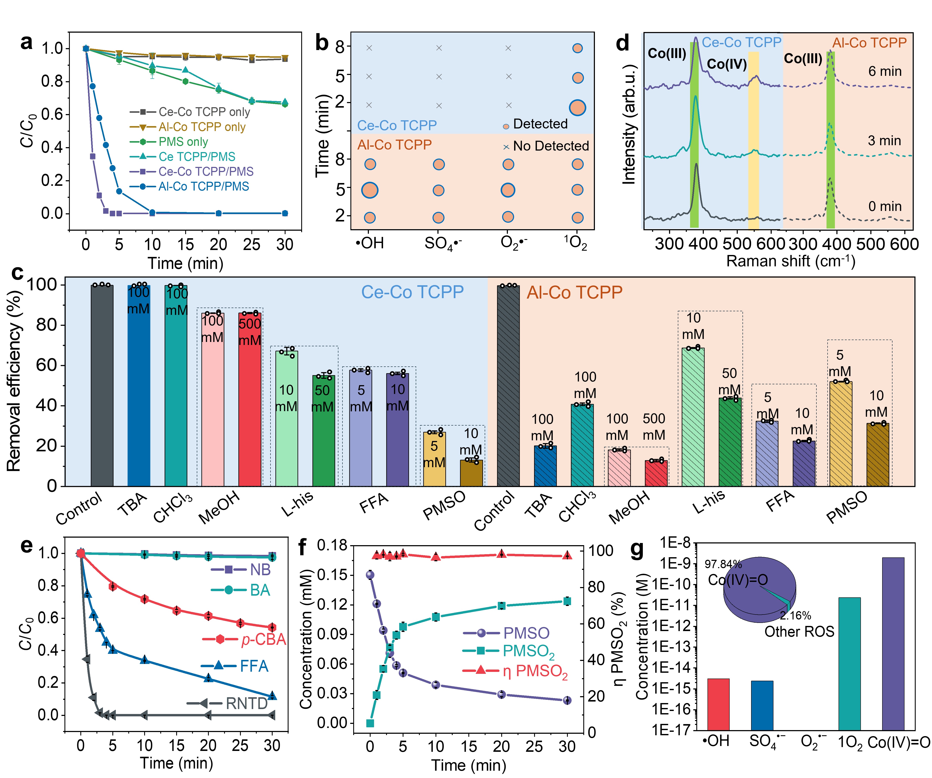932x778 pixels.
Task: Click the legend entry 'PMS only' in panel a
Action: (x=183, y=142)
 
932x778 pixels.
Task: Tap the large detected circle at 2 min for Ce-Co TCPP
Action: (x=577, y=107)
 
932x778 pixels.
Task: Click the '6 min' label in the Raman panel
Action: (x=885, y=72)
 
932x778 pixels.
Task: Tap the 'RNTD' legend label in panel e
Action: (x=246, y=703)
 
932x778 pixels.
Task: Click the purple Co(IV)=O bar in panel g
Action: (x=893, y=644)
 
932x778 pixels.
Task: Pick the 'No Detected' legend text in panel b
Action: (x=550, y=146)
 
